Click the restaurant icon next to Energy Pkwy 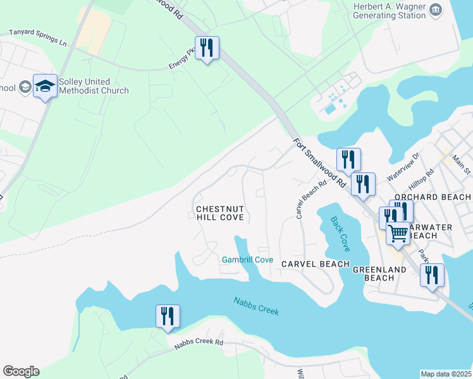[207, 48]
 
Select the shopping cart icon [398, 233]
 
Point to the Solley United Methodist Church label [94, 86]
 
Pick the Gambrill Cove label [247, 260]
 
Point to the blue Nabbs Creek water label [256, 306]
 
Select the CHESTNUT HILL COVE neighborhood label [220, 213]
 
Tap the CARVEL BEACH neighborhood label [316, 263]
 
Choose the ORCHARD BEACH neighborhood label [433, 197]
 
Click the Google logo [21, 371]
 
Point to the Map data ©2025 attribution [446, 374]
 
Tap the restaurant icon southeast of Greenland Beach [432, 275]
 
